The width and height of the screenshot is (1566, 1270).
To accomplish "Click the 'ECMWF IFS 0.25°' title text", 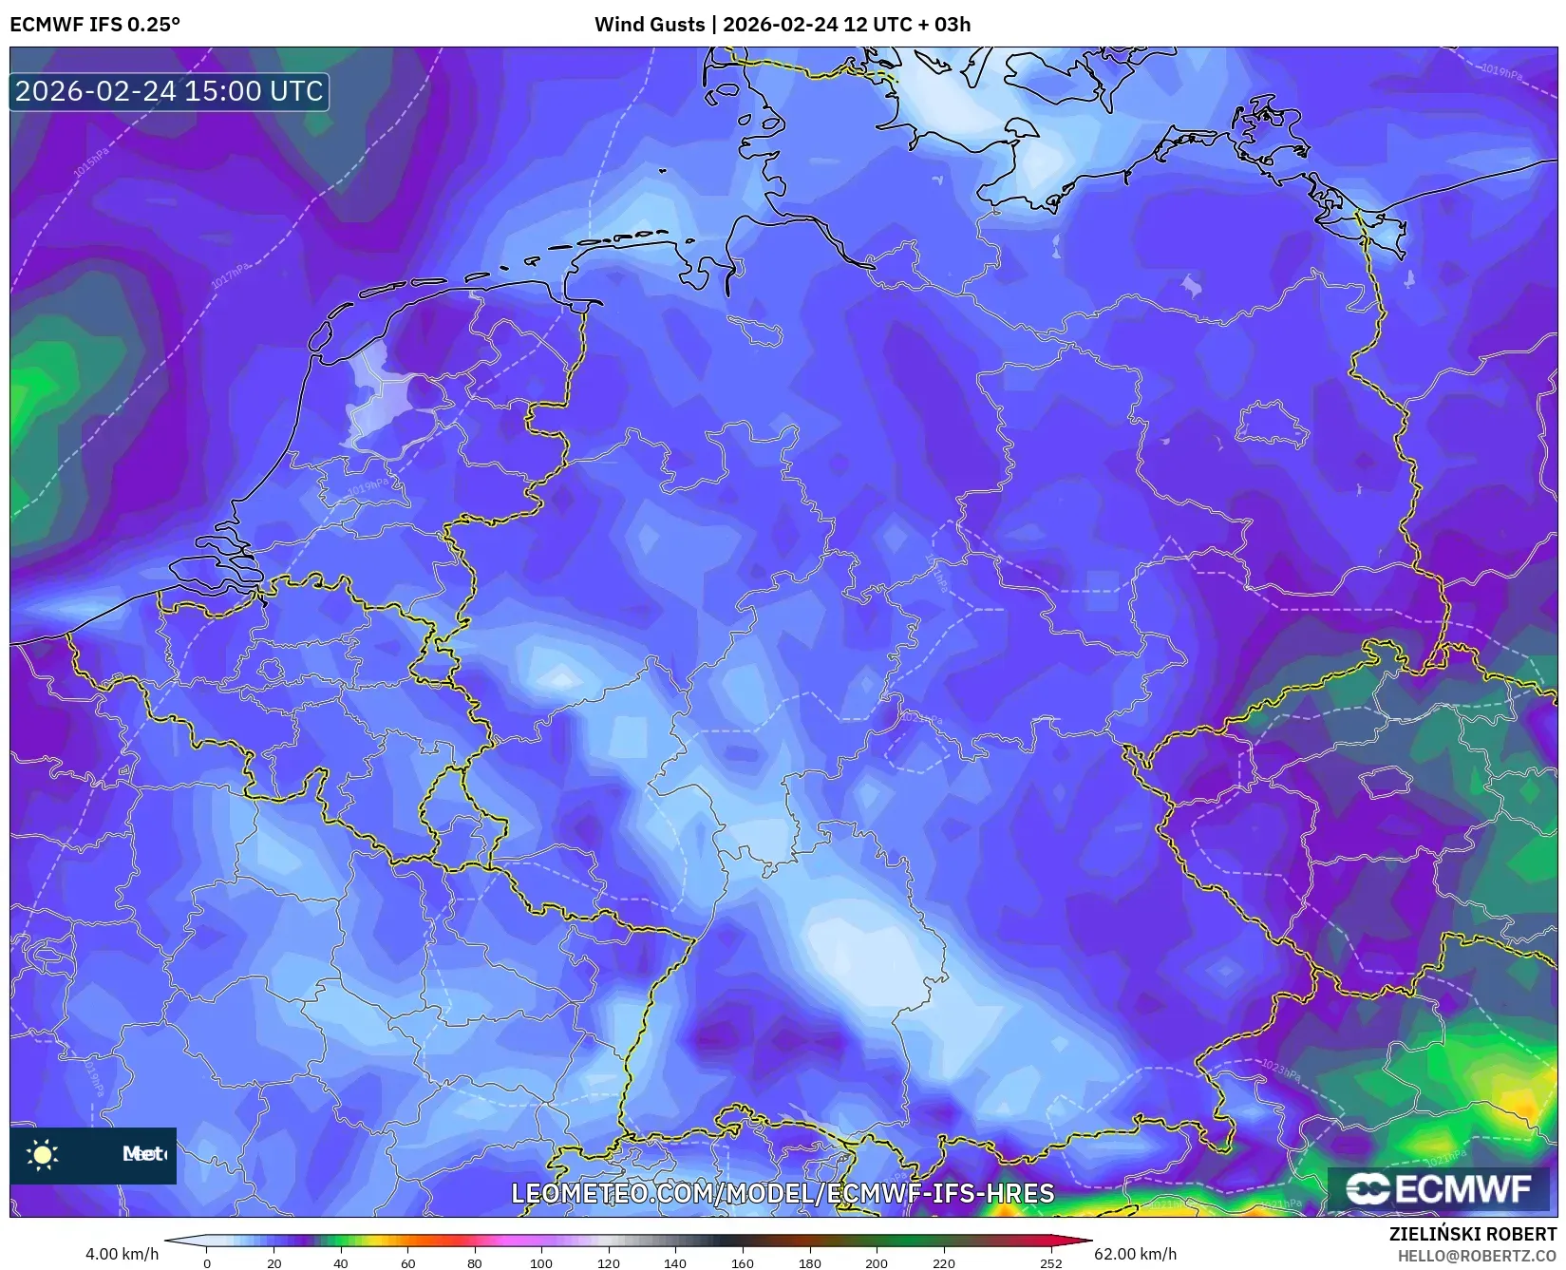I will point(95,25).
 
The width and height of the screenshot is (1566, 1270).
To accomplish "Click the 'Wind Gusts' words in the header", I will point(650,25).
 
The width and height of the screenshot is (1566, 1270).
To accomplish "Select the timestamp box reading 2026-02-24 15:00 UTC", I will point(169,91).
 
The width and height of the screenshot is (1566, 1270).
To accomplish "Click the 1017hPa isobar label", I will point(230,276).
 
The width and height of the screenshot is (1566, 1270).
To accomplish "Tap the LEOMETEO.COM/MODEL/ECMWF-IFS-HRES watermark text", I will point(783,1193).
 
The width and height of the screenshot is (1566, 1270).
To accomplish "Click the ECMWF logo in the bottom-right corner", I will point(1440,1189).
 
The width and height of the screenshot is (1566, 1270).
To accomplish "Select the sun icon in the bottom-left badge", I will point(43,1154).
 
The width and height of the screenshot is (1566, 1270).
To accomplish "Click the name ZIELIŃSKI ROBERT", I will point(1472,1235).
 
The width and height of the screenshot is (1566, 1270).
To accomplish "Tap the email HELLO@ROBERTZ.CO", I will point(1477,1256).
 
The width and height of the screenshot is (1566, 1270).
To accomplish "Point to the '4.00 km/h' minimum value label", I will point(122,1254).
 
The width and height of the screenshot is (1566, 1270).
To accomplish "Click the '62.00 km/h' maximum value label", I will point(1135,1254).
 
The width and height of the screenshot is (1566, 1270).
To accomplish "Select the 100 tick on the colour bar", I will point(541,1263).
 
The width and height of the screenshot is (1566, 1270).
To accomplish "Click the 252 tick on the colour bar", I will point(1050,1263).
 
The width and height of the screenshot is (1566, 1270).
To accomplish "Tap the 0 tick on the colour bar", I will point(207,1263).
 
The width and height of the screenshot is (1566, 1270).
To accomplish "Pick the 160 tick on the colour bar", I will point(742,1263).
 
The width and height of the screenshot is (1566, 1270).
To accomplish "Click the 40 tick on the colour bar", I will point(341,1263).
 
